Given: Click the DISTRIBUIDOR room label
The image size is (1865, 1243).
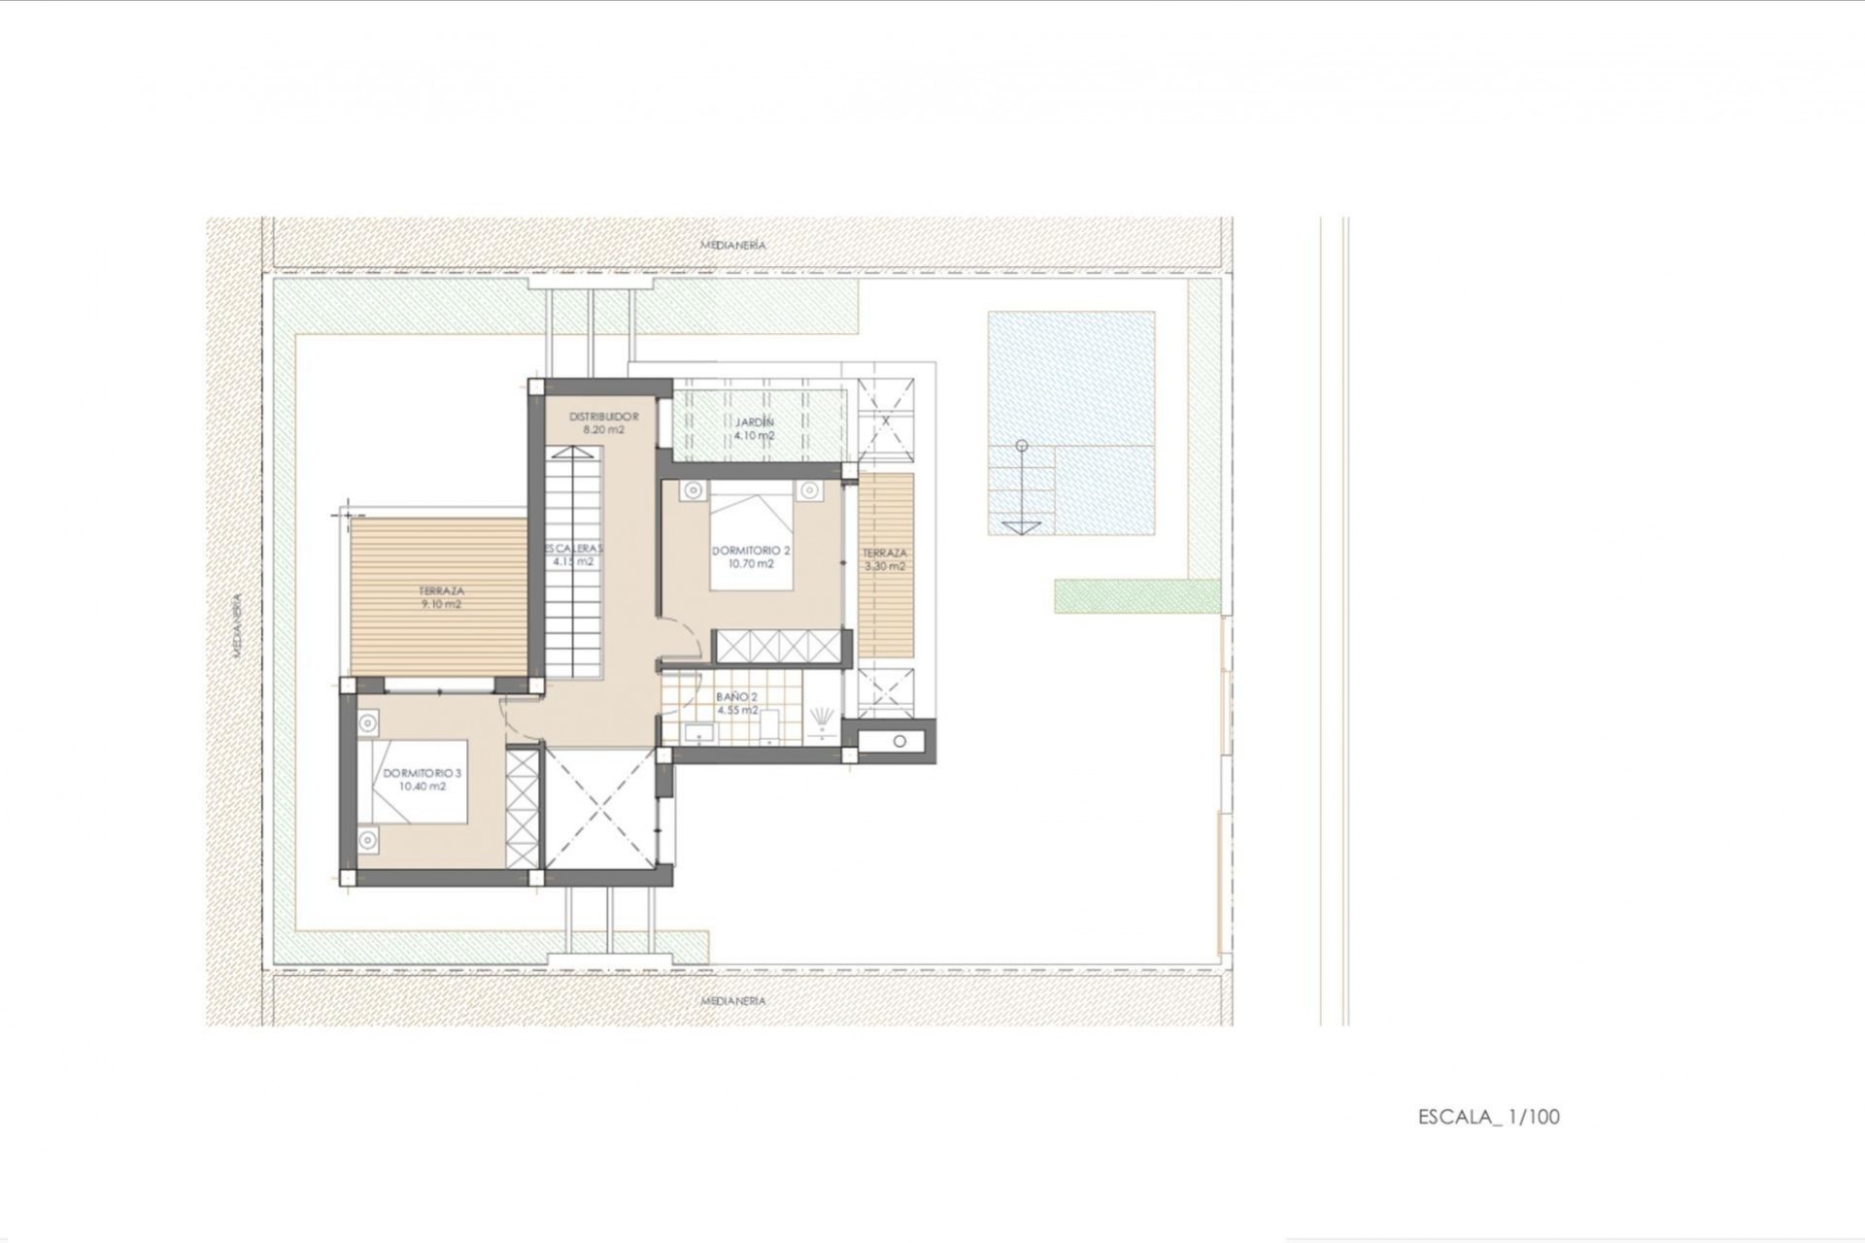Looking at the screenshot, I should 603,417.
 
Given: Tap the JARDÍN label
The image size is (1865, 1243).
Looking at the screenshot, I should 754,422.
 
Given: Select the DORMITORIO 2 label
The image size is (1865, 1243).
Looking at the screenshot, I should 751,551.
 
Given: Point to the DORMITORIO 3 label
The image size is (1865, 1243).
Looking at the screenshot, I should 422,773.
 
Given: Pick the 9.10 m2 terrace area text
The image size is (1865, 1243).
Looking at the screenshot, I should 441,604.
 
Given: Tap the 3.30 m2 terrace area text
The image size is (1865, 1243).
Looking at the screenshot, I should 884,566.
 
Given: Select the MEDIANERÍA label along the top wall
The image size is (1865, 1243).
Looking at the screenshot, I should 733,246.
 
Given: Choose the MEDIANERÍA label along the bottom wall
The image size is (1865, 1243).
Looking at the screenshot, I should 733,1000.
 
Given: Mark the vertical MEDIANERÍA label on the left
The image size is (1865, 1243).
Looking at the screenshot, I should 236,625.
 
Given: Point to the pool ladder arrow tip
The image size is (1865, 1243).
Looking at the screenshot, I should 1021,529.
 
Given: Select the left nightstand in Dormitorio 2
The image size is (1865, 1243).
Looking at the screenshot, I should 692,490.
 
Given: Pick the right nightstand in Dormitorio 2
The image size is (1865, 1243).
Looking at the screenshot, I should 809,490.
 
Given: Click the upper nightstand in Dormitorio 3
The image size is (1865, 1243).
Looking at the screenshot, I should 367,722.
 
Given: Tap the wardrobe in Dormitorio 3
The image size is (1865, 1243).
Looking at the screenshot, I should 522,806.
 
